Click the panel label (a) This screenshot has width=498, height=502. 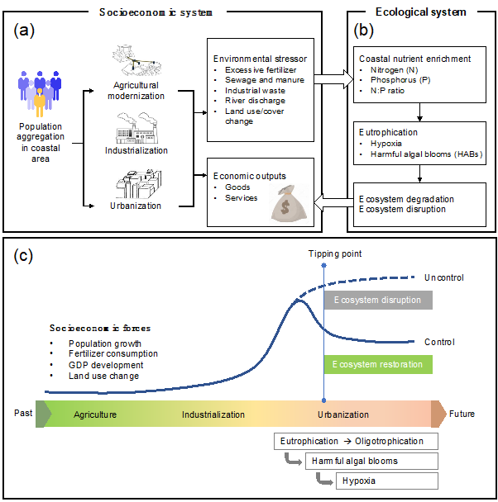26,31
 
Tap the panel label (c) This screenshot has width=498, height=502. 26,256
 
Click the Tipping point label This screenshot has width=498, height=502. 323,254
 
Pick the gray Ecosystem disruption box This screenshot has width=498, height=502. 377,300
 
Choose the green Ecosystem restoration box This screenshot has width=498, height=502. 377,363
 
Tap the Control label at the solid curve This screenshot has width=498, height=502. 439,341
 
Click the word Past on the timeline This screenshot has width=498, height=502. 23,413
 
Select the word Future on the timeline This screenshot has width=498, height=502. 462,413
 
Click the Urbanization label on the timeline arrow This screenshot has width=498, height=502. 343,414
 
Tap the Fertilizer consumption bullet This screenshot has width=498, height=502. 113,353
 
